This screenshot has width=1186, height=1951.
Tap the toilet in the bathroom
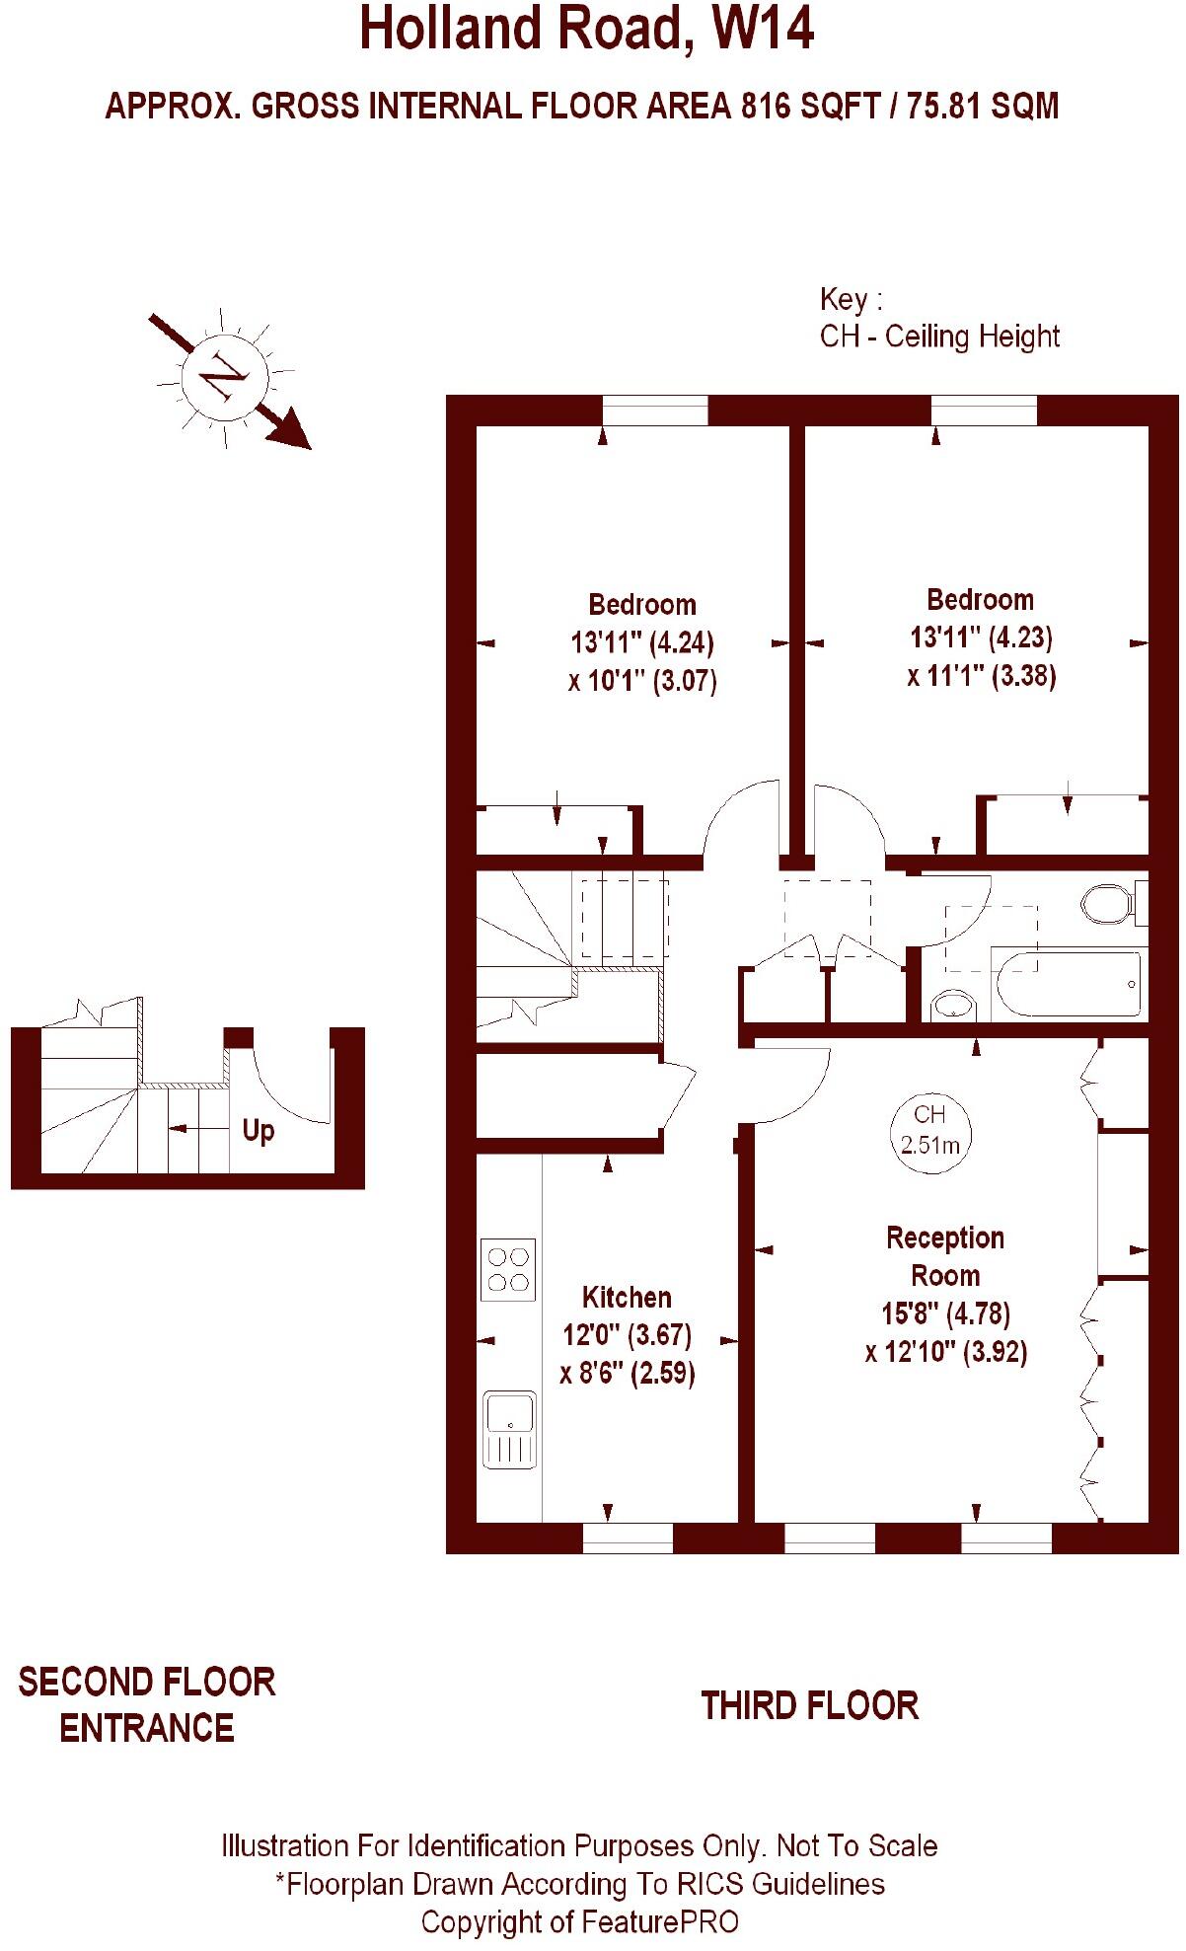[1111, 902]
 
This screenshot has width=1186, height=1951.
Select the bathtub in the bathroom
[1069, 984]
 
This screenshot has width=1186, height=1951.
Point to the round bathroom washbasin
[952, 1006]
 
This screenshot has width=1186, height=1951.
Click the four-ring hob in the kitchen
[508, 1269]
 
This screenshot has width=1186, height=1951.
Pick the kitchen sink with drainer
[509, 1429]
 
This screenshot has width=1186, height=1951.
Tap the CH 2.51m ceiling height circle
[930, 1130]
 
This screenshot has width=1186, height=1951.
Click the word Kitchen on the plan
[627, 1298]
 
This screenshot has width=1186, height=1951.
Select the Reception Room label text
[945, 1256]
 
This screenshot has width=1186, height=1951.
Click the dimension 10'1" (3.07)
[642, 681]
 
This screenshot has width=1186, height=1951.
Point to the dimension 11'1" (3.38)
[982, 676]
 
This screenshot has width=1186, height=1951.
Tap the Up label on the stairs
[259, 1130]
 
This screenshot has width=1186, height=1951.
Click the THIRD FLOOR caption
[809, 1705]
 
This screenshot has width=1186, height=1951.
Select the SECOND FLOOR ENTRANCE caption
[147, 1705]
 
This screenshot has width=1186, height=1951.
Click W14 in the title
[767, 30]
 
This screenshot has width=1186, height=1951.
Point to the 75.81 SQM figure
[983, 106]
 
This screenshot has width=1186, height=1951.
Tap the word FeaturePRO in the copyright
[660, 1921]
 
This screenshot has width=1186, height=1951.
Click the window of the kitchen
[628, 1538]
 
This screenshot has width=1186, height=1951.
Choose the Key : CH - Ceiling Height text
[938, 318]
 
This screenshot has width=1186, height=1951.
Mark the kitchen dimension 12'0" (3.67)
[627, 1335]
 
